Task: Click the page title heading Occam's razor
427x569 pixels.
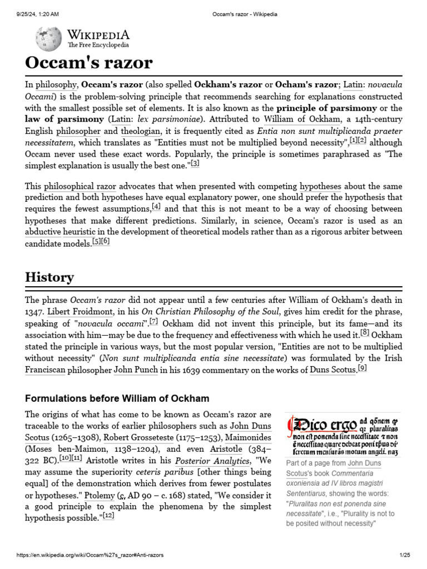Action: tap(89, 63)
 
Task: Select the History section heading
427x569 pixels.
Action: tap(49, 277)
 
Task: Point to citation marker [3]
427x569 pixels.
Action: tap(195, 164)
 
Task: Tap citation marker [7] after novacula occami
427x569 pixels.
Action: tap(154, 321)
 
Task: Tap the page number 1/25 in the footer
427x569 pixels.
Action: tap(404, 555)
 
